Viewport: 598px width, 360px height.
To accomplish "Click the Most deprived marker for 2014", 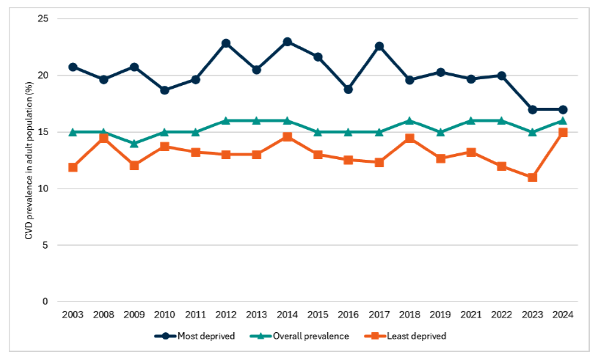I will [287, 42].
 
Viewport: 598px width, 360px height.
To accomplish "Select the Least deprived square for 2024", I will [563, 133].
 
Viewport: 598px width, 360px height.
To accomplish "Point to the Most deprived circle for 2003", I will [73, 67].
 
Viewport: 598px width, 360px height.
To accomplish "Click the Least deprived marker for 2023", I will [532, 177].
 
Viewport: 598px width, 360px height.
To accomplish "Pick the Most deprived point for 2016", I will [349, 89].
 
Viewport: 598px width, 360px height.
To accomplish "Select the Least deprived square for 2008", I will [103, 138].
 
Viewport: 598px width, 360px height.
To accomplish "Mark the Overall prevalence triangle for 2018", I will [409, 121].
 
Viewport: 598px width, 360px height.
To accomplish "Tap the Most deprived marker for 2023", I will [532, 109].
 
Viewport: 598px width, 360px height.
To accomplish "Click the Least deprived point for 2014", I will [287, 137].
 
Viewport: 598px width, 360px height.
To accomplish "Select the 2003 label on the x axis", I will [73, 315].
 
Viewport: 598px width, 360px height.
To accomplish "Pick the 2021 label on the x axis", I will [471, 315].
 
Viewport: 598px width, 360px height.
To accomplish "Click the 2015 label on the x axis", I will [318, 315].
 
